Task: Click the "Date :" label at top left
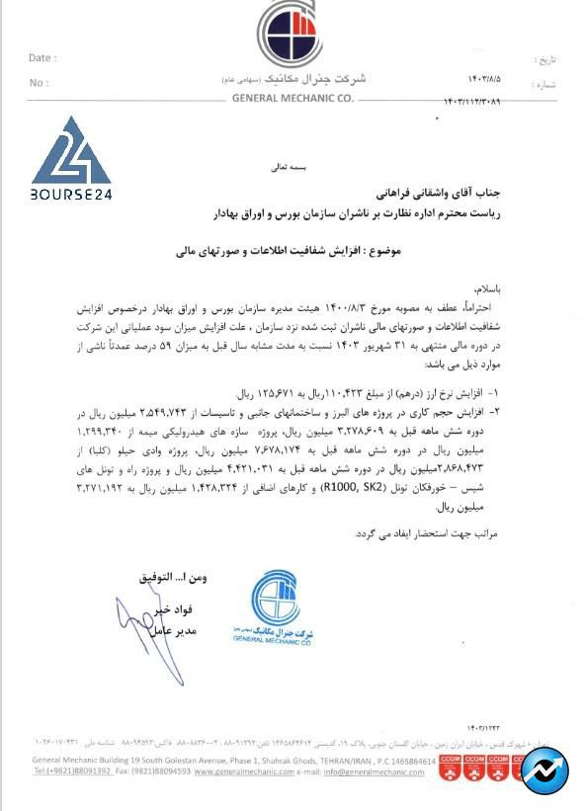pos(42,58)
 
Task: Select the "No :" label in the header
pos(39,83)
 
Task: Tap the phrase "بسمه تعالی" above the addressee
pos(318,169)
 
